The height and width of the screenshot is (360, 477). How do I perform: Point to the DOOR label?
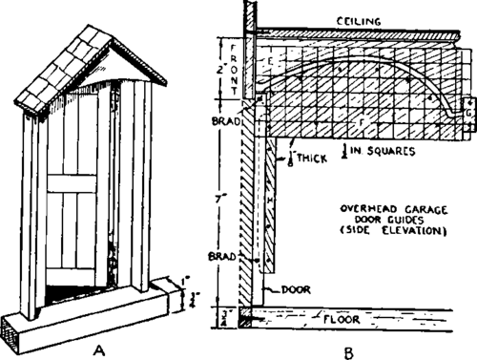[x=297, y=286]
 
